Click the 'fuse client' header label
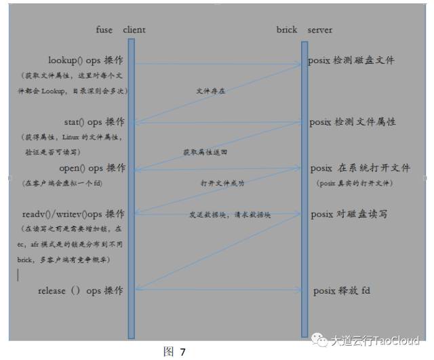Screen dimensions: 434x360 pos(121,30)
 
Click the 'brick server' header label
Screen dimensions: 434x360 pos(304,30)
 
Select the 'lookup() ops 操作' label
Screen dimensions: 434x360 pos(86,60)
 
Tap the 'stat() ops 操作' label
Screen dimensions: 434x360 pos(94,122)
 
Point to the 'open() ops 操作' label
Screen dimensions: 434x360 pos(93,168)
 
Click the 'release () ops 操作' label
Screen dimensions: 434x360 pos(81,290)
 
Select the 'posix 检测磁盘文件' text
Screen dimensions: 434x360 pos(351,60)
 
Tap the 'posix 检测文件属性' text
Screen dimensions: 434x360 pos(353,122)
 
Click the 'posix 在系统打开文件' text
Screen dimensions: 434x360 pos(353,168)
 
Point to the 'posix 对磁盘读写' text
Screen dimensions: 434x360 pos(349,214)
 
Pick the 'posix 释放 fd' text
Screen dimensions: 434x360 pos(342,290)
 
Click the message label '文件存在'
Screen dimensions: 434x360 pos(211,90)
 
